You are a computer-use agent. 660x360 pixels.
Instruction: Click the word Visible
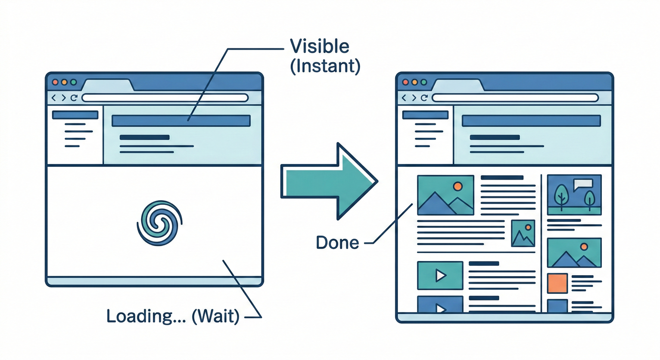click(x=320, y=46)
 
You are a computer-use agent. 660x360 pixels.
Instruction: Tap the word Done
click(x=337, y=242)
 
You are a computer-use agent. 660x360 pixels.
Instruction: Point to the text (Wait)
click(x=215, y=316)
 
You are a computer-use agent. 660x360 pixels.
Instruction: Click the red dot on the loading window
click(x=55, y=82)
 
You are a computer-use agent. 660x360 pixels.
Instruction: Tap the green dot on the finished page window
click(x=424, y=82)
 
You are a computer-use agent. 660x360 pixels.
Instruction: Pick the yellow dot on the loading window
click(x=64, y=82)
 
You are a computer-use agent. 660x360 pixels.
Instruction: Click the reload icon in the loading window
click(x=74, y=98)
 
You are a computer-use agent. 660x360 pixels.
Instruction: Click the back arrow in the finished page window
click(x=403, y=98)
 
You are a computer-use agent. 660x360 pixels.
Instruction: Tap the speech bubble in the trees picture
click(x=583, y=184)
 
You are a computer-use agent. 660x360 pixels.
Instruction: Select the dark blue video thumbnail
click(x=440, y=305)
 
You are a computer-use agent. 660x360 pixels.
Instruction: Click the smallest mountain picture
click(x=523, y=233)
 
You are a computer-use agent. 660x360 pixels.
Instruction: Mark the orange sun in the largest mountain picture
click(x=457, y=186)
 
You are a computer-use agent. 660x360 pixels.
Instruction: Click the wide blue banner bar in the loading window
click(x=181, y=120)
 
